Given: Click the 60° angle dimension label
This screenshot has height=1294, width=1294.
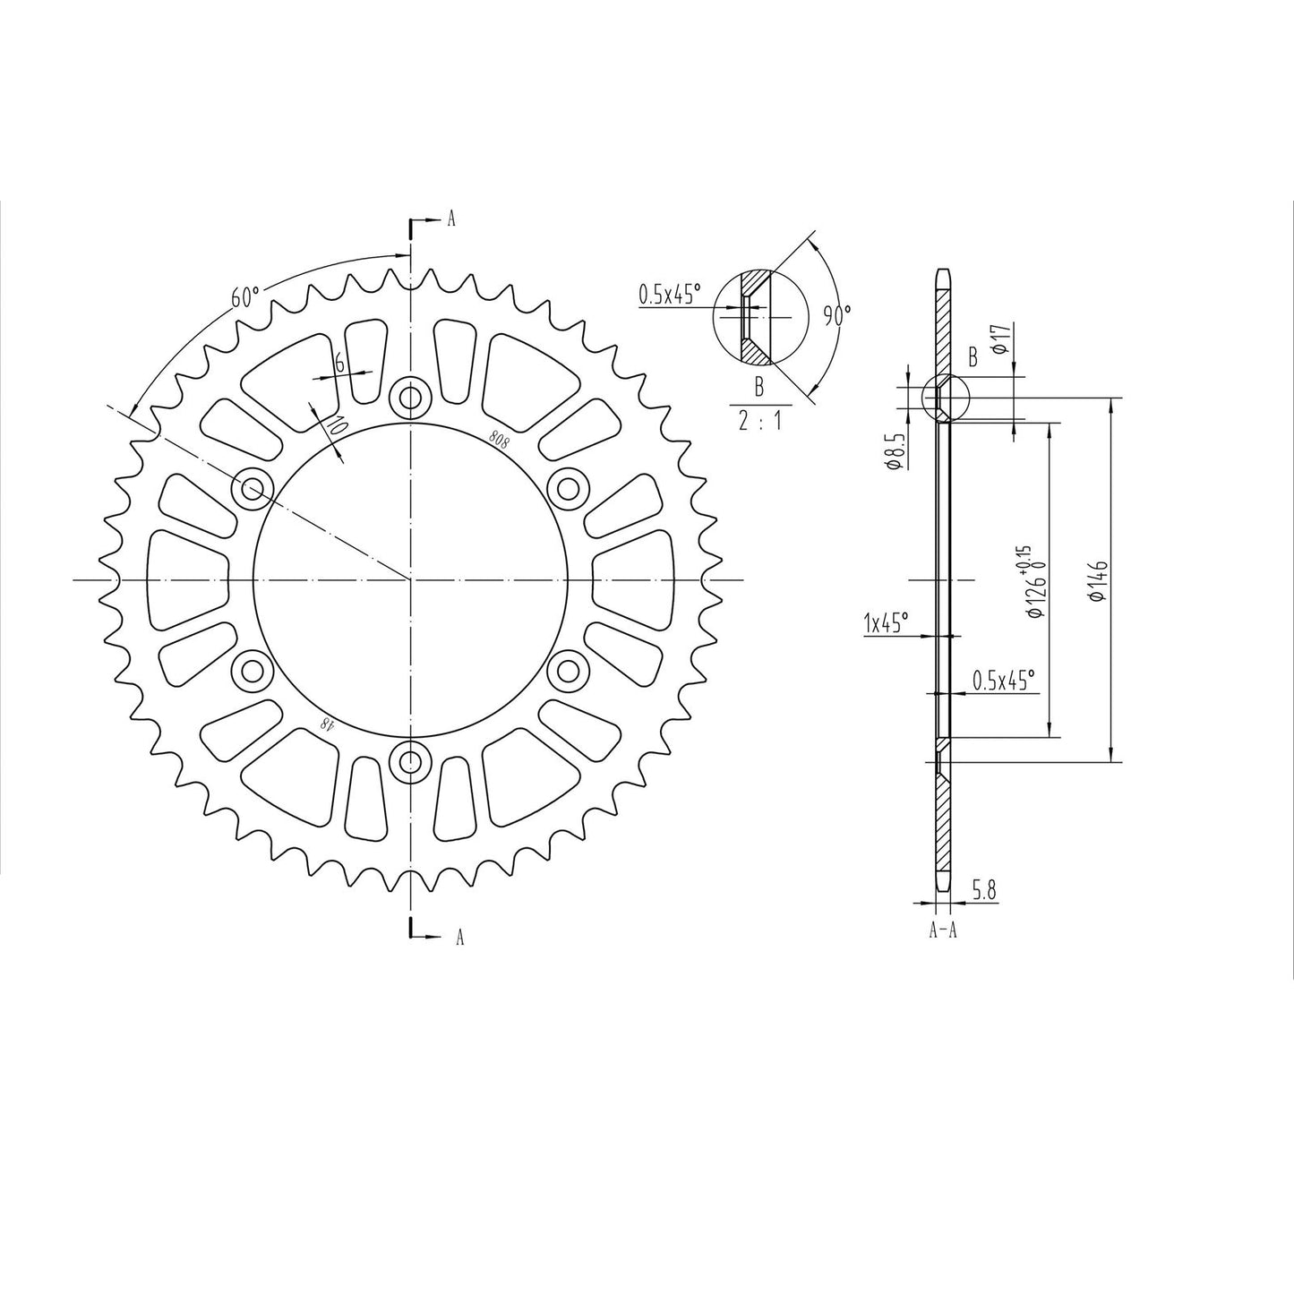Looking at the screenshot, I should (x=244, y=296).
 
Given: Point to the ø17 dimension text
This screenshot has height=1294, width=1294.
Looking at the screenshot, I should (x=1003, y=339).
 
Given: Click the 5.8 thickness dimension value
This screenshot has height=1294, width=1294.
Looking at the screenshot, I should (x=983, y=890).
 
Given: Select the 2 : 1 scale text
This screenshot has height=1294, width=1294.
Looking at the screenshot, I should (x=758, y=421).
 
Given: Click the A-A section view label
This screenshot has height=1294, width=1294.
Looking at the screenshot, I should (x=943, y=930).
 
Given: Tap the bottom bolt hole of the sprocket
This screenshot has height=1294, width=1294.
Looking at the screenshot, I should (x=411, y=762).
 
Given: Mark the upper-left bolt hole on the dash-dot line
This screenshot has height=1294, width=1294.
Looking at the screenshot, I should (x=252, y=489).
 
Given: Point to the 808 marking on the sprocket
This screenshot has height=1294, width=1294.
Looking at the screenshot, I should (x=499, y=437).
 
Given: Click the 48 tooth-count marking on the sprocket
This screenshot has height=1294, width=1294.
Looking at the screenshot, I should (x=329, y=724).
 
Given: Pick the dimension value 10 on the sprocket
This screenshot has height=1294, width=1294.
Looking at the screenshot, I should (x=335, y=425).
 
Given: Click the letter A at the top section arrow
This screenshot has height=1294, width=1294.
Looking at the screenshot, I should (x=451, y=219).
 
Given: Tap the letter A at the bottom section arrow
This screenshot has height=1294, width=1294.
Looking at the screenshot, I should (x=459, y=937).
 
